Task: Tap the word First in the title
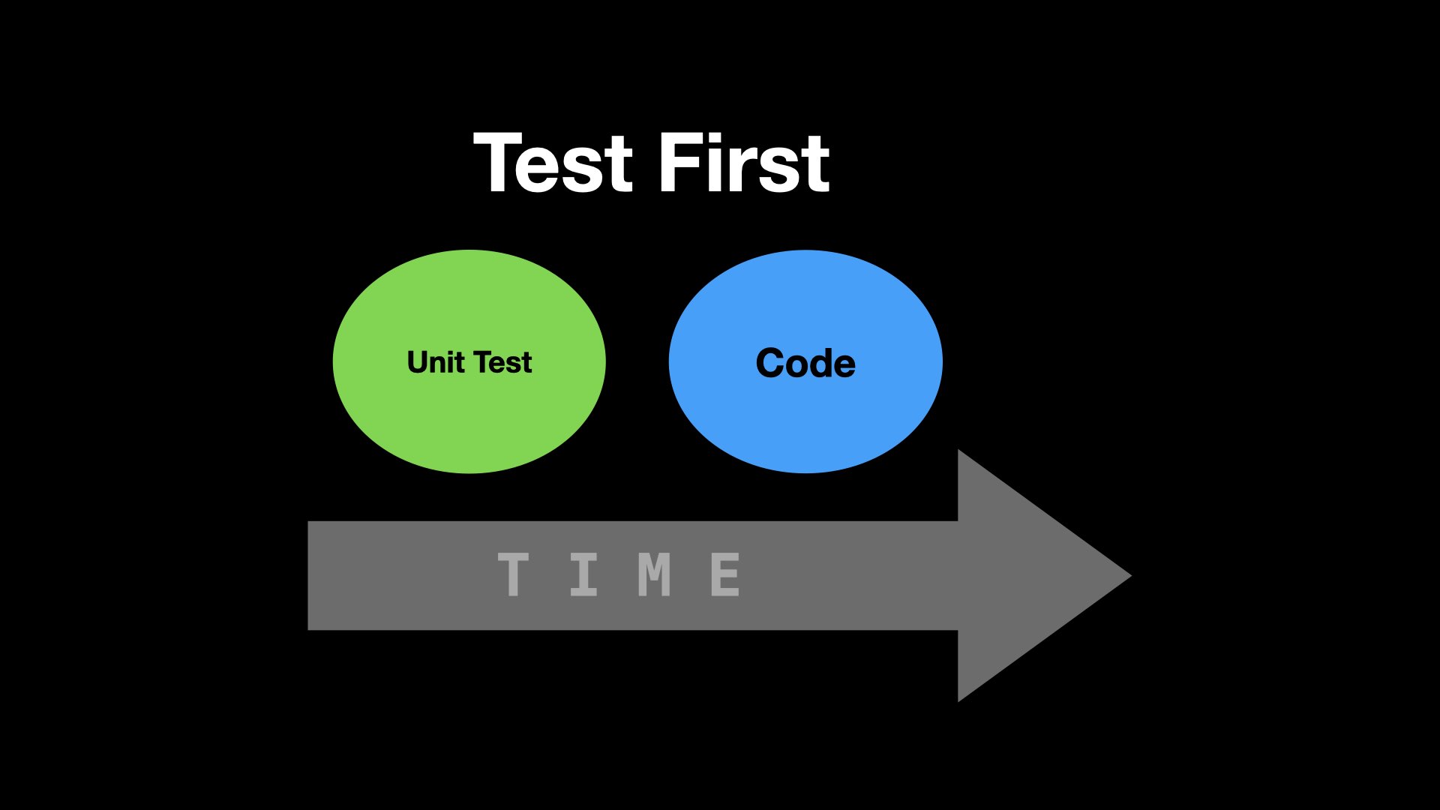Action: coord(745,162)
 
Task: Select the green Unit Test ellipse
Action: coord(469,361)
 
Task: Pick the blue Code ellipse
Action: coord(805,361)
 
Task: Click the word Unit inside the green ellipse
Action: coord(436,362)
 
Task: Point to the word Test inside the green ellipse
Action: coord(502,363)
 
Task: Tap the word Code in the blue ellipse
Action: coord(805,363)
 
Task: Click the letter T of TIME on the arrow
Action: coord(513,574)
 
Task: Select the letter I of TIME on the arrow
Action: coord(583,574)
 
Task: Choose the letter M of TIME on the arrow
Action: coord(654,574)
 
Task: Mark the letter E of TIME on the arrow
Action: coord(725,574)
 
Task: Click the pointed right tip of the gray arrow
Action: coord(1131,576)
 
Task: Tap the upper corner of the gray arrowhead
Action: coord(958,450)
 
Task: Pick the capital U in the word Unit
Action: coord(419,363)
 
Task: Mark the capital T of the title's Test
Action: coord(500,163)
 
